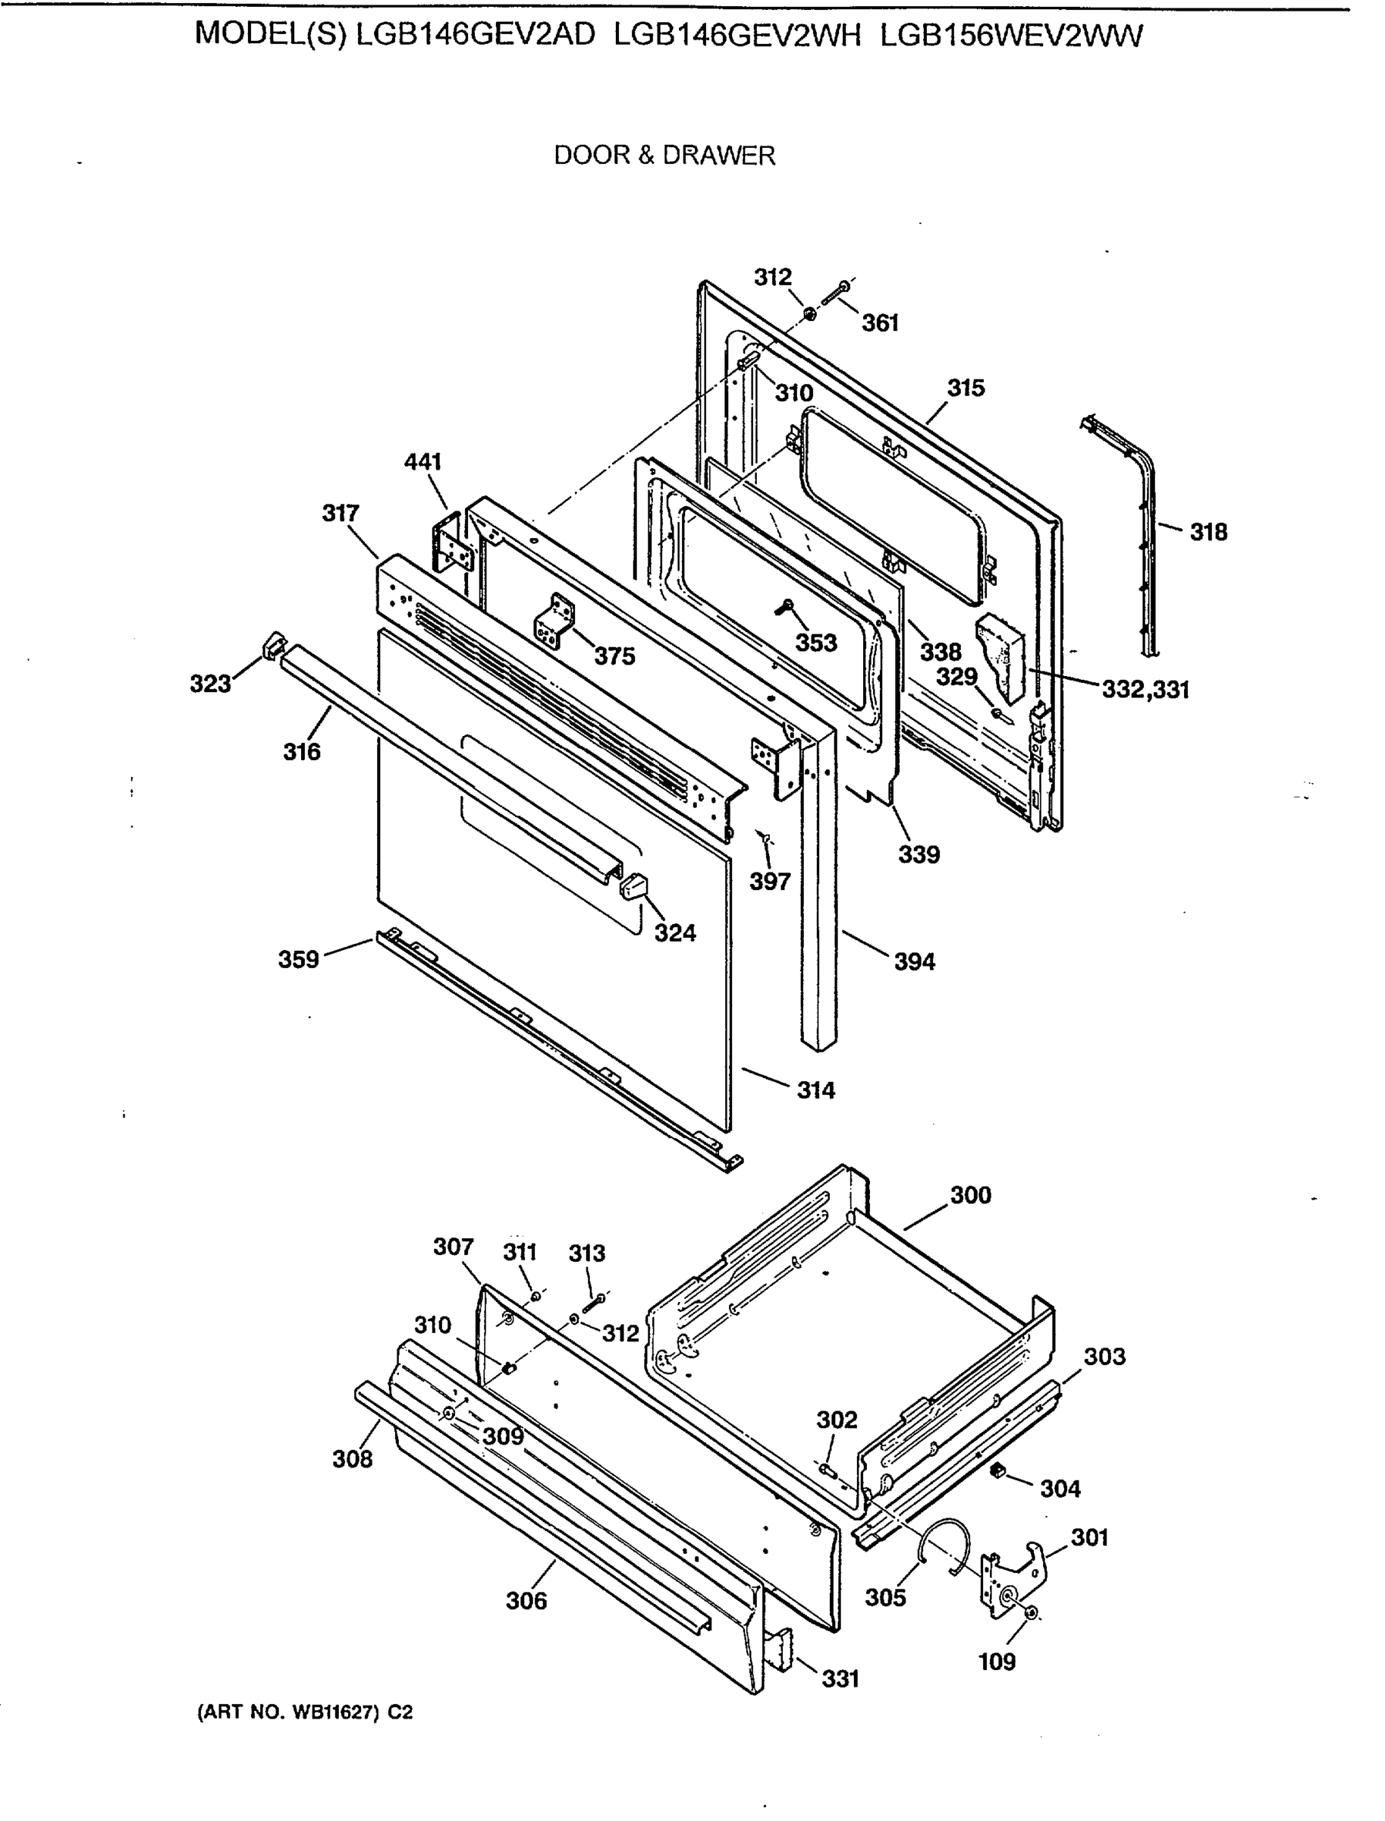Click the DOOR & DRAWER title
click(664, 155)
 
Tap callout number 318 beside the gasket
click(1208, 532)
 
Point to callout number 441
click(423, 462)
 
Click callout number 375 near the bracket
click(615, 656)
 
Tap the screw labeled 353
click(784, 608)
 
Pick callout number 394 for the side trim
click(914, 961)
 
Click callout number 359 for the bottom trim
click(297, 959)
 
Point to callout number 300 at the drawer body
click(970, 1195)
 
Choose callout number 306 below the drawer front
click(526, 1601)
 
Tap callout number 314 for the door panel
click(815, 1090)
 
